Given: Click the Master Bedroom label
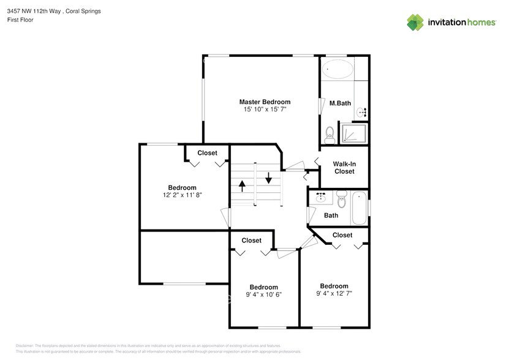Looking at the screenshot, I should pyautogui.click(x=265, y=102).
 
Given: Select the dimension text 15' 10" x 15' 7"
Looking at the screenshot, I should pyautogui.click(x=265, y=109).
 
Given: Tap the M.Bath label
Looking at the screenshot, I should pyautogui.click(x=340, y=103).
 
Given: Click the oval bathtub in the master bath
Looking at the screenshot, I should pyautogui.click(x=337, y=69).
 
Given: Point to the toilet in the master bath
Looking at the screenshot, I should pyautogui.click(x=330, y=132).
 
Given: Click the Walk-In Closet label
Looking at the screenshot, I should pyautogui.click(x=344, y=168).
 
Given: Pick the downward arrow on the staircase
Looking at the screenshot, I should pyautogui.click(x=268, y=179).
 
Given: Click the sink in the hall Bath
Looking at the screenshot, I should pyautogui.click(x=320, y=197).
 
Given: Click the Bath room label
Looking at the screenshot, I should pyautogui.click(x=331, y=216).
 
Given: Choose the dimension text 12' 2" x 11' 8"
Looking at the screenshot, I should pyautogui.click(x=182, y=195).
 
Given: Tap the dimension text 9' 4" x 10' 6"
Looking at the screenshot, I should pyautogui.click(x=263, y=294).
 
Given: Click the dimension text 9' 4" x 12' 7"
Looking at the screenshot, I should pyautogui.click(x=334, y=293).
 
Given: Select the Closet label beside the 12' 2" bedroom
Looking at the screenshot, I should pyautogui.click(x=207, y=153).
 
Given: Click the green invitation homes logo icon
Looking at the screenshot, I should pyautogui.click(x=415, y=23).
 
